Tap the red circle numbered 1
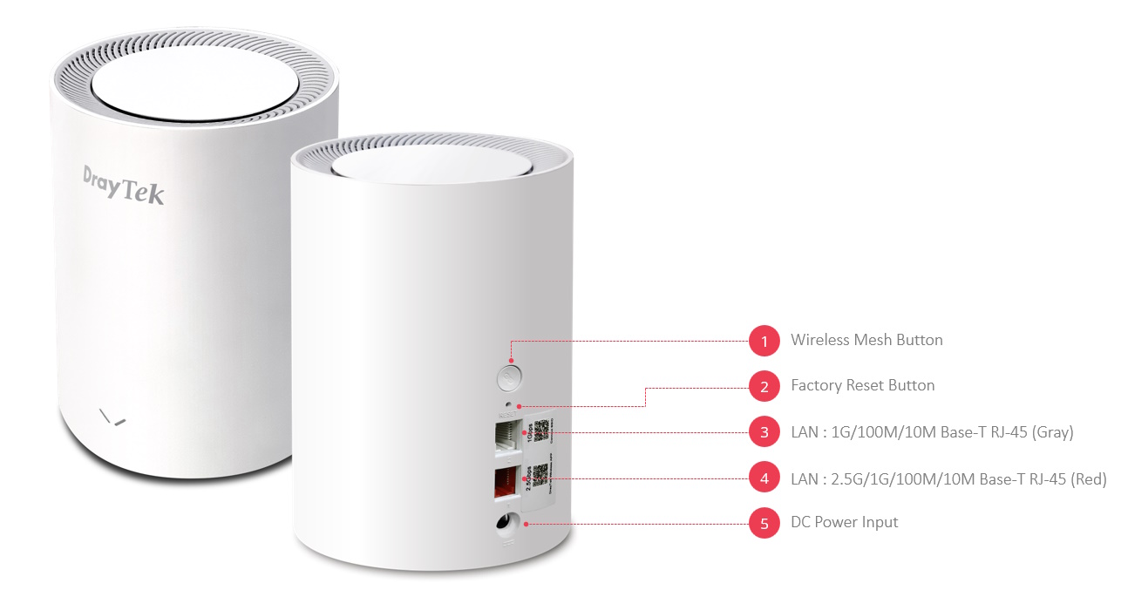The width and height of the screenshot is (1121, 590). tap(764, 341)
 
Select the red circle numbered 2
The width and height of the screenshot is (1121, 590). tap(764, 386)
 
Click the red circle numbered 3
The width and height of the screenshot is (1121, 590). tap(764, 431)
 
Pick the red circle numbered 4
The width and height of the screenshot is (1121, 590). tap(764, 478)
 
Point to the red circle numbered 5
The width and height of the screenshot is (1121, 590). tap(764, 523)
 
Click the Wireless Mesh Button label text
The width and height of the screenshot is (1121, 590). tap(866, 340)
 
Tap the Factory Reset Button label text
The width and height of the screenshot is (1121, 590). tap(862, 385)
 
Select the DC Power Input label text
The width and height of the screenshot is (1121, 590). tap(844, 522)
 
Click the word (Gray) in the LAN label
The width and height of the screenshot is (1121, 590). tap(1052, 431)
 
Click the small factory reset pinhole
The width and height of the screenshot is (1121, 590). tap(519, 406)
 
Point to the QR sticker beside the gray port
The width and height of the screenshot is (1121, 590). tap(542, 431)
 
